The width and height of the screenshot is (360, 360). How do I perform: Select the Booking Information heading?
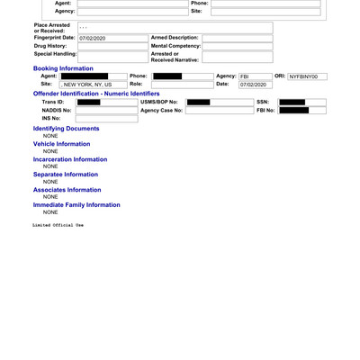pos(63,68)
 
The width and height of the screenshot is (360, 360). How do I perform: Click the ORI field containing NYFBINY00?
pos(307,76)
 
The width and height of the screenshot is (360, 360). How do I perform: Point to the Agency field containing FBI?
pos(254,76)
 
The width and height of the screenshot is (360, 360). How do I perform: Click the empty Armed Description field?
pos(237,39)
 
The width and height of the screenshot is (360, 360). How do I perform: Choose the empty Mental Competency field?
pos(237,47)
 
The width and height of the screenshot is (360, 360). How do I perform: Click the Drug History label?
pos(50,46)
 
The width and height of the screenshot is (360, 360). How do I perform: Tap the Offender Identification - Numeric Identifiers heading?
pos(96,94)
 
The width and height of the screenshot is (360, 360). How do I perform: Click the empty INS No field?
pos(106,119)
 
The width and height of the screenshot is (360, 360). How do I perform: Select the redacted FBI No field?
pos(293,111)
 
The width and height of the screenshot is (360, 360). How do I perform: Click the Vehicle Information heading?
pos(61,144)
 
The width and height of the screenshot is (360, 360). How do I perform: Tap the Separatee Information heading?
pos(66,175)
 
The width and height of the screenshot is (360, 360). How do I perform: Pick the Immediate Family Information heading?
pos(76,205)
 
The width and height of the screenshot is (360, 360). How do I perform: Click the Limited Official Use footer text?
pos(58,225)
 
